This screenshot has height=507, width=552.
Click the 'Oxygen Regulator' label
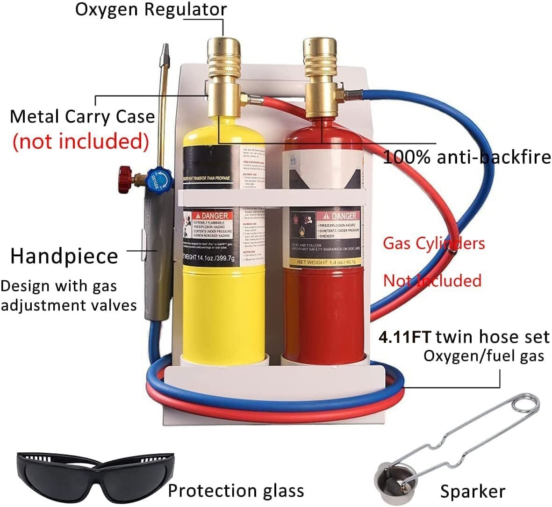(x=151, y=10)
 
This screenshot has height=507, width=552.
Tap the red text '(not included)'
(x=80, y=141)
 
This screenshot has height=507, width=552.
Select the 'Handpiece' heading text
(x=64, y=256)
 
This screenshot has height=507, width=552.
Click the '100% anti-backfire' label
(x=467, y=157)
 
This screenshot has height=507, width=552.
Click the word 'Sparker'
(x=473, y=491)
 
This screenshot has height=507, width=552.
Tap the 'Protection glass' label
(x=236, y=490)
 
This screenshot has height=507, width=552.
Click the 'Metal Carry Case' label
(x=82, y=116)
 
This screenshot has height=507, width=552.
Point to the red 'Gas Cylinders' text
(x=434, y=243)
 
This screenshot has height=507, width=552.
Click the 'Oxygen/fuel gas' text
(x=484, y=356)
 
